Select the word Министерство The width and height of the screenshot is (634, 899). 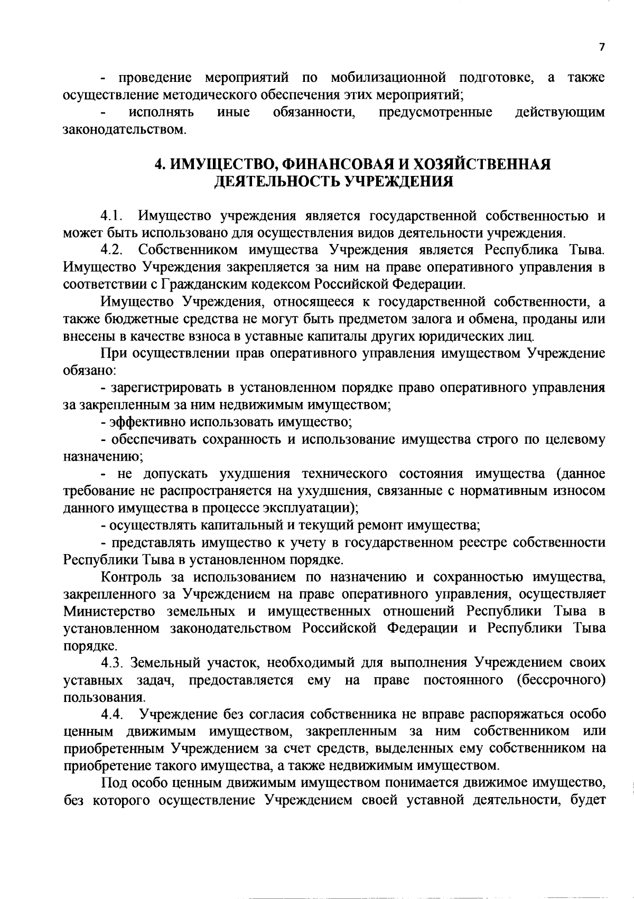coord(109,612)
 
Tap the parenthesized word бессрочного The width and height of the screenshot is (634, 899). coord(561,680)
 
